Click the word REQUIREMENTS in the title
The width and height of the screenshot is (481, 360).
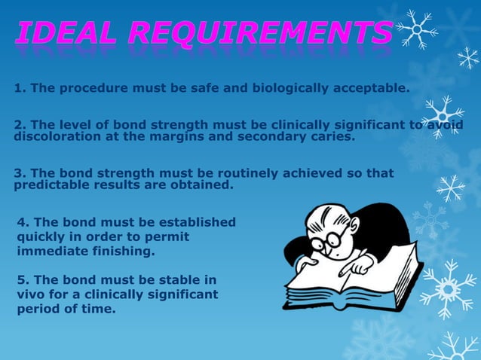(x=259, y=32)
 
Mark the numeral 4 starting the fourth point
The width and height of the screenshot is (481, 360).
(x=21, y=222)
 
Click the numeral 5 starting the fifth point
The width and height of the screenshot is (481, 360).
(x=21, y=279)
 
